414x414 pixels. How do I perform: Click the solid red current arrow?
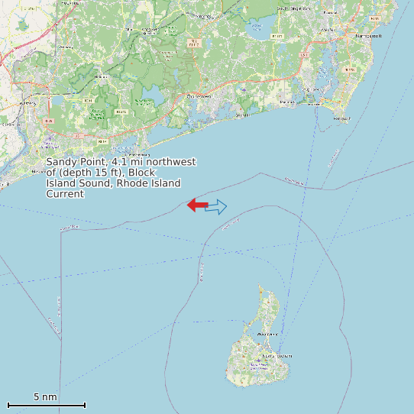click(x=198, y=205)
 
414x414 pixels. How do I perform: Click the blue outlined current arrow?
click(x=216, y=206)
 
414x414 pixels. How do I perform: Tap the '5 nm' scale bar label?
click(x=45, y=397)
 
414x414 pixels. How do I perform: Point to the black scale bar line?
click(x=46, y=405)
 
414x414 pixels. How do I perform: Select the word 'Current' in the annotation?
click(x=65, y=194)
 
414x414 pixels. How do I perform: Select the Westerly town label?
click(x=28, y=103)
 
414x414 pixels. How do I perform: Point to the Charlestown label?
click(x=201, y=96)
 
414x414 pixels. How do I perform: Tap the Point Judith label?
click(x=341, y=118)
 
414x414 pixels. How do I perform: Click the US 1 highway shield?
click(x=303, y=55)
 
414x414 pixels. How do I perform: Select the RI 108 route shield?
click(x=349, y=70)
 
